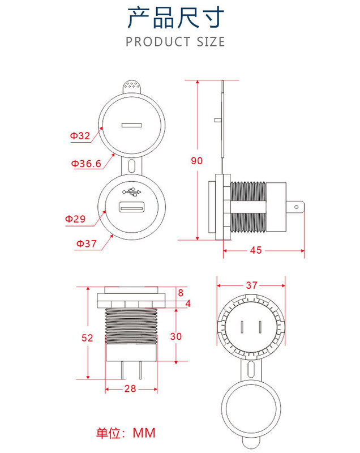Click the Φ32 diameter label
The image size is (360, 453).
(80, 135)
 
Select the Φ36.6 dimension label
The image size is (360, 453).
(86, 164)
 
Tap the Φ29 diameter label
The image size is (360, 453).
(75, 219)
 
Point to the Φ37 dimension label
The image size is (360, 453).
(86, 243)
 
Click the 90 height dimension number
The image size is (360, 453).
(196, 161)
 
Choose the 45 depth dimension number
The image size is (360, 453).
(256, 250)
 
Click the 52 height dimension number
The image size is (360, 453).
(87, 337)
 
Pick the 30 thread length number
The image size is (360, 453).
(176, 336)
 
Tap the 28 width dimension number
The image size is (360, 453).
(130, 388)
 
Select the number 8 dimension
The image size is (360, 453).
(181, 293)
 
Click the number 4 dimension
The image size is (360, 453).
(188, 304)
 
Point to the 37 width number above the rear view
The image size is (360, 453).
(251, 285)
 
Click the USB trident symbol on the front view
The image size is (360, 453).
(132, 192)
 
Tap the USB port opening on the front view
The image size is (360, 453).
(132, 207)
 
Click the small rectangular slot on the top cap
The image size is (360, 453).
(132, 125)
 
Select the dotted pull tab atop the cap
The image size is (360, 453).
(132, 87)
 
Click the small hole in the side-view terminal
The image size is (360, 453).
(296, 207)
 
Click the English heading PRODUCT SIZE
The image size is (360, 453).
(175, 42)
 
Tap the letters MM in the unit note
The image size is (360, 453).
(144, 433)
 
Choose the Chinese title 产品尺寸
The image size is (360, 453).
(176, 18)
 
